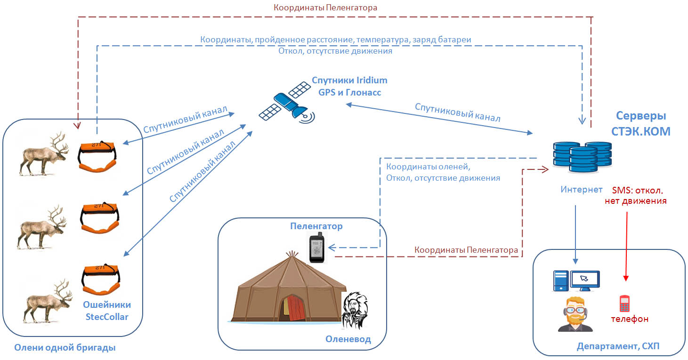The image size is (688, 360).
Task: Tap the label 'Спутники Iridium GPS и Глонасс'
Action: coord(349,86)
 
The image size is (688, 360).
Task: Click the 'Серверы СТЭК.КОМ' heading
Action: coord(641,123)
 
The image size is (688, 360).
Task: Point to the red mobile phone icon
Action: coord(624,303)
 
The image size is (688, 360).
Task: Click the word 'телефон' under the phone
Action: coord(630,319)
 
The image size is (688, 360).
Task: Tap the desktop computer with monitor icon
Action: coord(576,281)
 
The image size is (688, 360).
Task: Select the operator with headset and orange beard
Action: coord(575,314)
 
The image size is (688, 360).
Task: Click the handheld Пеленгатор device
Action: coord(316,248)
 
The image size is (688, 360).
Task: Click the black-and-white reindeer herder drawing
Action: coord(355,310)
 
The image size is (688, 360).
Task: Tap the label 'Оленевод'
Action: coord(348,339)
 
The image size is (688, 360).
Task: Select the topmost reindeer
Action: coord(44,154)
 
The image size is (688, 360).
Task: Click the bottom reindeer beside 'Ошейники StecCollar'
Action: coord(48,302)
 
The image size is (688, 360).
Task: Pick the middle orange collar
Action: coord(99,217)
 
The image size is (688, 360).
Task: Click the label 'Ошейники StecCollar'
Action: coord(107,311)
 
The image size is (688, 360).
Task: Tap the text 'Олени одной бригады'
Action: coord(65,348)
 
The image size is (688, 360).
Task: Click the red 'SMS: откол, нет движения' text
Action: coord(636,195)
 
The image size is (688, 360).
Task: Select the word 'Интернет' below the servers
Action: coord(582,190)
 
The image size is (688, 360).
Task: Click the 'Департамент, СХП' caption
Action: coord(618,346)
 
